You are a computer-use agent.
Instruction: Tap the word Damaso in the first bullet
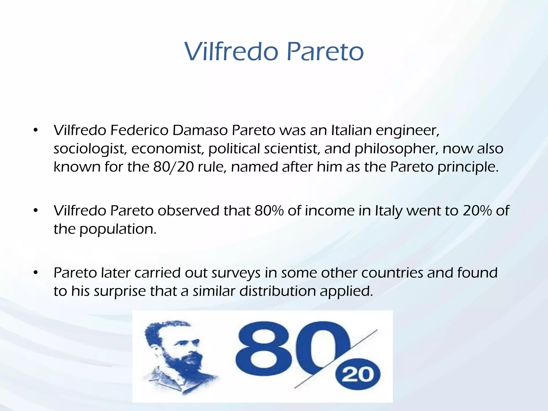coord(200,130)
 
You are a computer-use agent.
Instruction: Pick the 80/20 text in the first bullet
coord(173,167)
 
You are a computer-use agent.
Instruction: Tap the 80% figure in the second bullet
coord(269,211)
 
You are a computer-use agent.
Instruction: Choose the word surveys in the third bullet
coord(236,273)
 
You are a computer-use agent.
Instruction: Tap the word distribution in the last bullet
coord(277,291)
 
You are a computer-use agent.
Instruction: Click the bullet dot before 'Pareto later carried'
coord(36,273)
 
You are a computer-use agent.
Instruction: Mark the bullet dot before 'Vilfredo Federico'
coord(36,131)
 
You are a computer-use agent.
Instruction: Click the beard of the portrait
coord(185,364)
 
